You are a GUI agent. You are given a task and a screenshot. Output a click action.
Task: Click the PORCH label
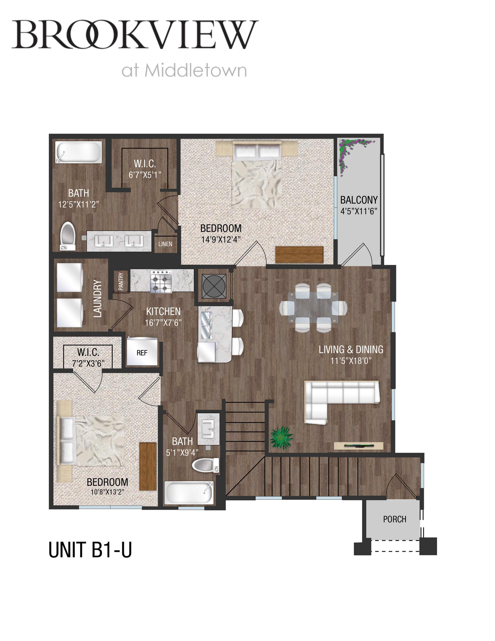click(x=394, y=519)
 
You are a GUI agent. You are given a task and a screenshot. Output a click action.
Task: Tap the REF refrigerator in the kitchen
click(x=142, y=352)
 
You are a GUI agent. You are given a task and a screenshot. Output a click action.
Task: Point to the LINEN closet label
click(x=165, y=244)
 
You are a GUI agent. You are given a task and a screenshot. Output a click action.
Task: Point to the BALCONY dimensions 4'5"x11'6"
click(x=359, y=211)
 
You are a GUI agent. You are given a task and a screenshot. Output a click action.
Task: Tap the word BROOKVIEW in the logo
click(x=135, y=34)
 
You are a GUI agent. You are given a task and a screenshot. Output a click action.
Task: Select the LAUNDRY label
click(x=98, y=299)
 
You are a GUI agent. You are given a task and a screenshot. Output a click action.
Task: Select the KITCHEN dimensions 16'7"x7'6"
click(x=163, y=323)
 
